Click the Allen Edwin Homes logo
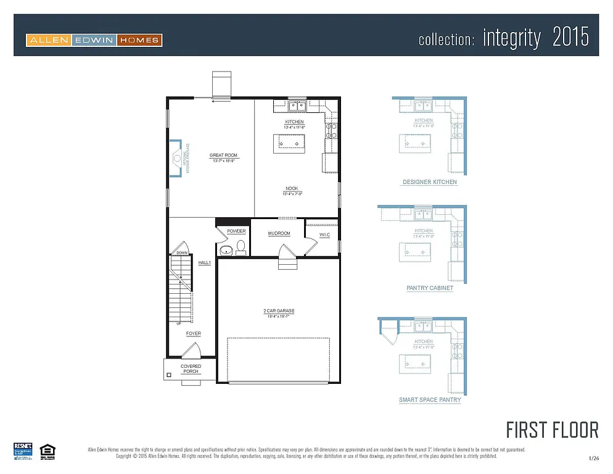(x=94, y=41)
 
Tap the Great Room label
(x=223, y=156)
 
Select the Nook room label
(x=292, y=189)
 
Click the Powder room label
(x=236, y=231)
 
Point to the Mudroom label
(x=279, y=233)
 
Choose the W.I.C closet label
(x=324, y=235)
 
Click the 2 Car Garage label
(x=276, y=311)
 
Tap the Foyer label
(x=194, y=333)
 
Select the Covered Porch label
(x=191, y=368)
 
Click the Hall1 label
(x=204, y=262)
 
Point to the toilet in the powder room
(x=241, y=248)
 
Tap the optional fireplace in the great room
(x=177, y=158)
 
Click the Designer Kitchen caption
(x=430, y=182)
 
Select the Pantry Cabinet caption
(x=430, y=288)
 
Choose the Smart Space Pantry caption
(x=430, y=400)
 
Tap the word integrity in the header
(x=511, y=38)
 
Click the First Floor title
(x=552, y=430)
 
